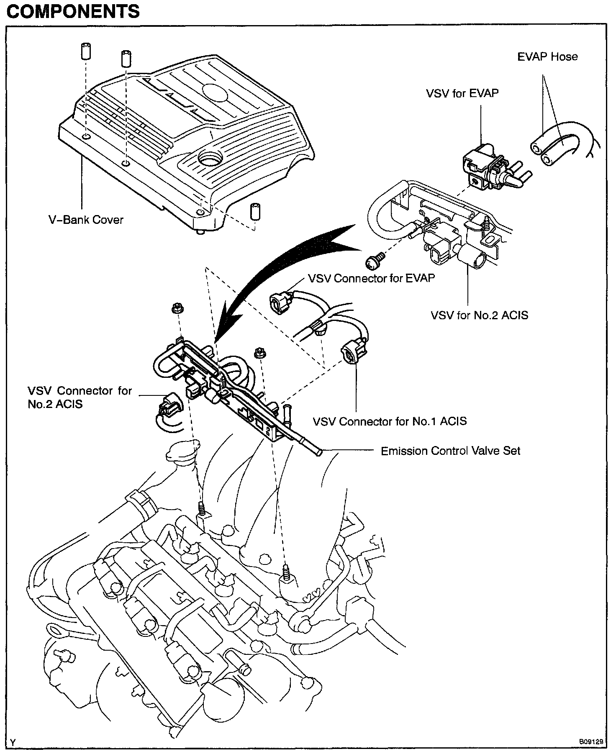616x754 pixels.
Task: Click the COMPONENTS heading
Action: pos(73,11)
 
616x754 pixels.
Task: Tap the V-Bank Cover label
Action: pos(86,220)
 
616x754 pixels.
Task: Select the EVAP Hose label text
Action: pos(547,57)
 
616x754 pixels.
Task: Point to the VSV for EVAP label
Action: pos(462,93)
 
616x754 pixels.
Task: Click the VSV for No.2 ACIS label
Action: pos(479,315)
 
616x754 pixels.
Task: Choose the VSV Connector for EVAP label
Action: pos(371,278)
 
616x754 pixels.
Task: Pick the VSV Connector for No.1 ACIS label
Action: pos(390,421)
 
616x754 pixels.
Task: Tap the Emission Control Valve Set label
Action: pos(450,451)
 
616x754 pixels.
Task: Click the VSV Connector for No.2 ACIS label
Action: pos(80,397)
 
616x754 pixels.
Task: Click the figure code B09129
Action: pos(591,742)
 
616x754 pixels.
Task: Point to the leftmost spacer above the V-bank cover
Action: pos(86,51)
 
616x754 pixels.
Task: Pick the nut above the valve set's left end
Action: pos(176,309)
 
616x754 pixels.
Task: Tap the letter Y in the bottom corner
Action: pos(13,743)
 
